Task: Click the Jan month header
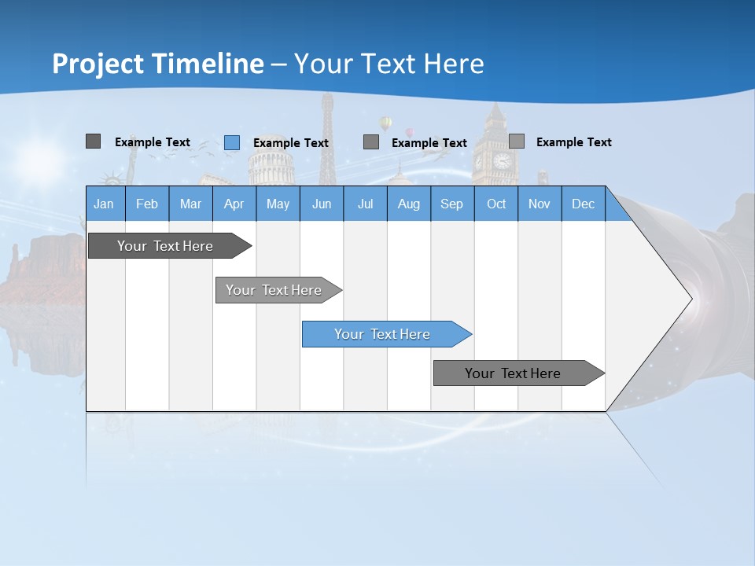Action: tap(104, 204)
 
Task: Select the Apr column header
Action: tap(234, 204)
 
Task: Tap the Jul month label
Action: tap(365, 204)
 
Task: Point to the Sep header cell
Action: tap(451, 204)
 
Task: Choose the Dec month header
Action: tap(583, 204)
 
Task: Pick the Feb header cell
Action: tap(147, 204)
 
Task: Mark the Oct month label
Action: tap(496, 204)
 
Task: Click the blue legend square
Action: tap(232, 142)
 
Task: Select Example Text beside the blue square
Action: tap(291, 142)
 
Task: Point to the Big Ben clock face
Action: tap(502, 161)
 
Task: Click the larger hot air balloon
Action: tap(385, 123)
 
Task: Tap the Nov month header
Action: tap(540, 204)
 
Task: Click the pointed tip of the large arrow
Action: tap(691, 299)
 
